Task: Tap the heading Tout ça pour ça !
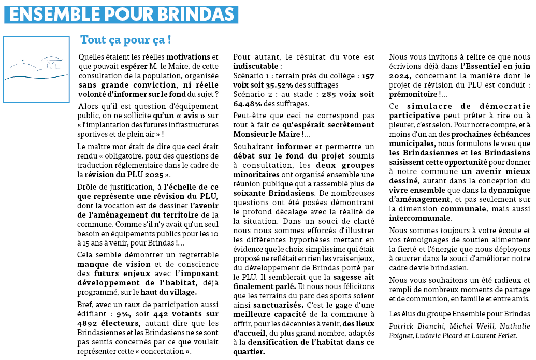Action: point(125,40)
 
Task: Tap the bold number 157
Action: point(367,76)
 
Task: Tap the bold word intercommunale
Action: point(420,218)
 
